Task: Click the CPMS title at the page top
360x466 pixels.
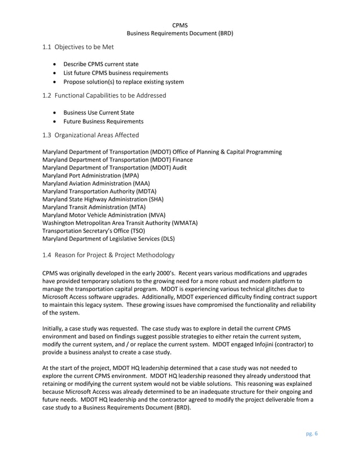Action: point(179,25)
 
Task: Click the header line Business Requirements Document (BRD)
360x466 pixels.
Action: point(179,33)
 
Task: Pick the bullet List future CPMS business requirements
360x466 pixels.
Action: point(115,73)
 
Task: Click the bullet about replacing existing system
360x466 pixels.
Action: point(123,82)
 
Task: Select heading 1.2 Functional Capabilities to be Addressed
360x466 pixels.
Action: point(104,96)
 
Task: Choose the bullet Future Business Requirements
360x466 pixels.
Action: point(103,121)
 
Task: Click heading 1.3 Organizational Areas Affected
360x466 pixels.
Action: point(90,135)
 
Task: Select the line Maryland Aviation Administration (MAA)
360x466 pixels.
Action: point(96,183)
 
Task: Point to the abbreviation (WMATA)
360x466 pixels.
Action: point(179,223)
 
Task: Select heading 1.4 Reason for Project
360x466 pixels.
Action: point(108,256)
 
